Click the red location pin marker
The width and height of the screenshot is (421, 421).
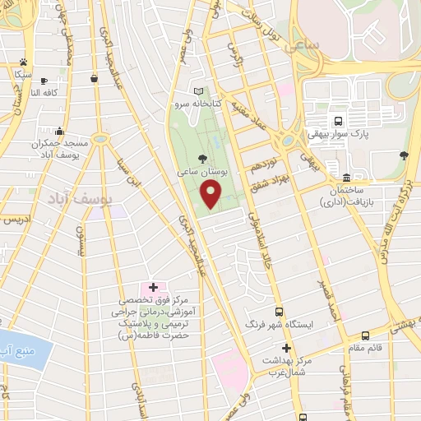(x=211, y=194)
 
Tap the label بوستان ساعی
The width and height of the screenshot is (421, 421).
(x=201, y=173)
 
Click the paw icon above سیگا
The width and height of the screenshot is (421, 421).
(x=23, y=62)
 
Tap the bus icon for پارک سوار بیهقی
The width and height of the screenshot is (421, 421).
(x=337, y=118)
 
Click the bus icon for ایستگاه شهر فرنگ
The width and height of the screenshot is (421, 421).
(x=280, y=312)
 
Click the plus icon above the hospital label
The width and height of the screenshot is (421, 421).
(x=153, y=287)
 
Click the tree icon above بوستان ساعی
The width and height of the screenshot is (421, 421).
(x=202, y=158)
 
